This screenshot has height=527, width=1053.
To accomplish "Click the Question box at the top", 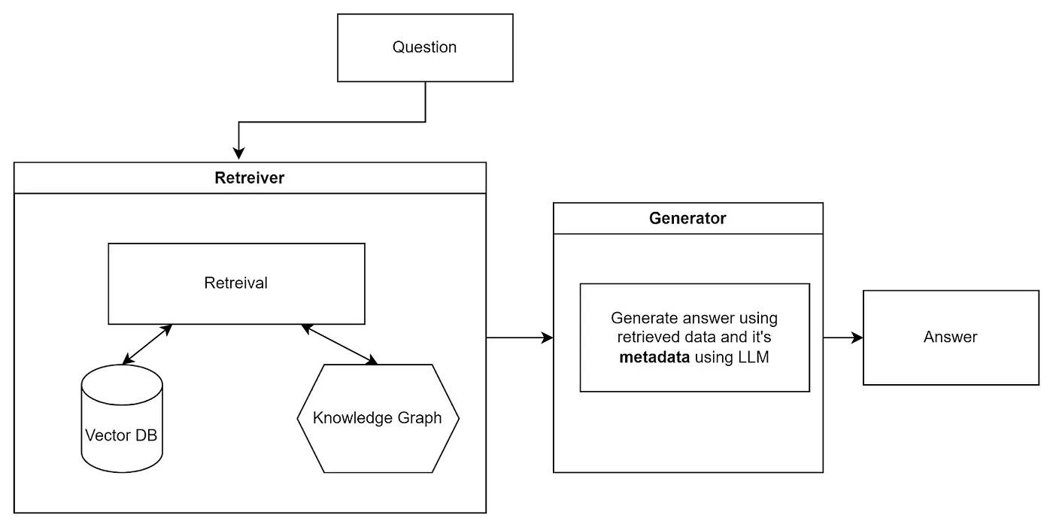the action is click(425, 48).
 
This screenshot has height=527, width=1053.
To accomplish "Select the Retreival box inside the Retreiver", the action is click(236, 283).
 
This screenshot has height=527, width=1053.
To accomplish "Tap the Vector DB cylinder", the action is click(122, 419).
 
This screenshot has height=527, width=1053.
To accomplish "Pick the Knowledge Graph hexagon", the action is click(378, 419).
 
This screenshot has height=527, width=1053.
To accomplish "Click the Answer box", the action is click(951, 338).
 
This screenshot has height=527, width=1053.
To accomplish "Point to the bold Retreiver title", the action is click(249, 178).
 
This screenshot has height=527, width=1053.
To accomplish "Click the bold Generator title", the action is click(687, 219).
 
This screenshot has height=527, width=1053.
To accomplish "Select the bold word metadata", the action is click(654, 357).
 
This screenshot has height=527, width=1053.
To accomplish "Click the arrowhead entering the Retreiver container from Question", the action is click(239, 154).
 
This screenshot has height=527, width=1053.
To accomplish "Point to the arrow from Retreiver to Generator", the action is click(520, 338).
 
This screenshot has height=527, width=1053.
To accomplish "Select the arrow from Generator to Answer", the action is click(843, 338).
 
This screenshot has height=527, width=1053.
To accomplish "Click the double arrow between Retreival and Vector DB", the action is click(147, 344).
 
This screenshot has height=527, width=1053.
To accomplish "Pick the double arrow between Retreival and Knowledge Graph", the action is click(339, 344).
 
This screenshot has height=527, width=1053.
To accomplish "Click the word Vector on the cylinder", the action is click(108, 435).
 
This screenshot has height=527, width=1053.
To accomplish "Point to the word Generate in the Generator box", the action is click(645, 319).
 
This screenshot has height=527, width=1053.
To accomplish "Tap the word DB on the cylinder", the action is click(146, 435).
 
